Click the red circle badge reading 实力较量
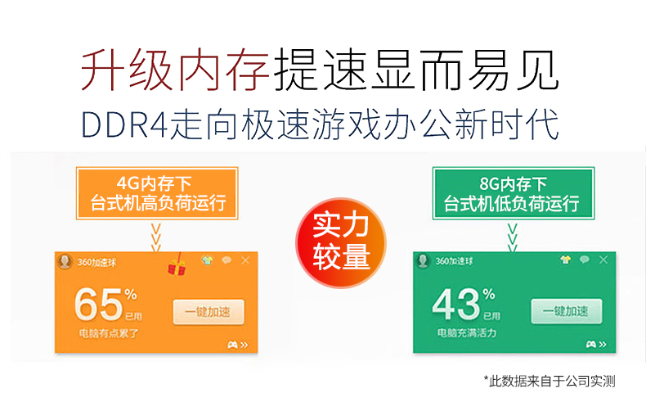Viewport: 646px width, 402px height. pos(341,243)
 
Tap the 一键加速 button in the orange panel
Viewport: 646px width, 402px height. pos(209,312)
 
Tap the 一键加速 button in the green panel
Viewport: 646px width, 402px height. pos(567,311)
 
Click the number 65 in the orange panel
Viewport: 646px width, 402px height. pos(99,305)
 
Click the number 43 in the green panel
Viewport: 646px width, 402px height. pos(456,305)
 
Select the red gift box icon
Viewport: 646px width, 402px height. pos(177,265)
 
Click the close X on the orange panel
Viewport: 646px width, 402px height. pos(245,260)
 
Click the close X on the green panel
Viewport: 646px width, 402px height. pos(603,260)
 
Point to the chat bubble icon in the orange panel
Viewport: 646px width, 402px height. pos(227,260)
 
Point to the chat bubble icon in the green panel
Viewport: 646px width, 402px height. pos(584,260)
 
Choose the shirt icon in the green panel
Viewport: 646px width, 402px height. pos(566,260)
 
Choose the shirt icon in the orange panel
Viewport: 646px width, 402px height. pos(207,260)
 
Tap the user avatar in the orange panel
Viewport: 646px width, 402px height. pos(65,261)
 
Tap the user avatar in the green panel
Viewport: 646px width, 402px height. pos(423,261)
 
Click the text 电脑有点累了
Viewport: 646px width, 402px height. pos(109,333)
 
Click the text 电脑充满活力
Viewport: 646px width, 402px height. pos(467,332)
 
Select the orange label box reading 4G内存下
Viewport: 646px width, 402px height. pos(157,193)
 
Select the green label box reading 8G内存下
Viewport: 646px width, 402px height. pos(514,193)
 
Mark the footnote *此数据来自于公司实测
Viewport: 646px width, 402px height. pos(550,381)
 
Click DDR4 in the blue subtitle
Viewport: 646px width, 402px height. pos(124,124)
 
